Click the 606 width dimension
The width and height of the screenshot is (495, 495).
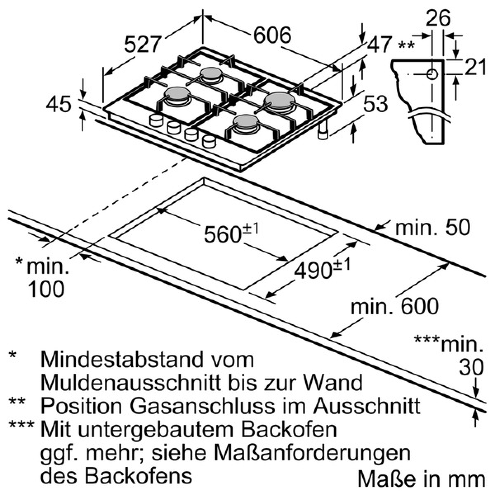click(272, 35)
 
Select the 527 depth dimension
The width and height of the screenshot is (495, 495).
click(143, 44)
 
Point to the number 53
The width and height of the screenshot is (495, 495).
click(375, 104)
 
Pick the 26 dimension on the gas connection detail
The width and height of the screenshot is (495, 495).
click(438, 18)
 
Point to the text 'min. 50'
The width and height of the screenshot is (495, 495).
click(433, 227)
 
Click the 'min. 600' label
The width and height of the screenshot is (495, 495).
click(395, 306)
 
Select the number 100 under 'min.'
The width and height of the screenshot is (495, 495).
click(46, 289)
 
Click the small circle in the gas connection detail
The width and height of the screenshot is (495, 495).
click(432, 74)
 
